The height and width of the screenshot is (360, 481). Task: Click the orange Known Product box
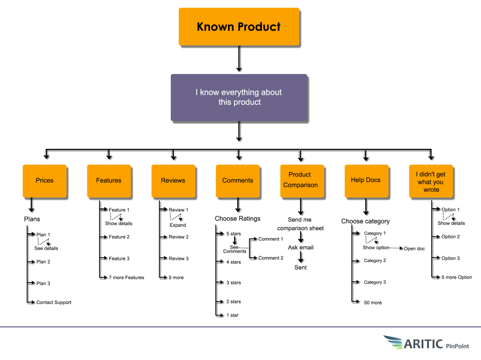point(239,26)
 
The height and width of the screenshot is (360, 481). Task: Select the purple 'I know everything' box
point(239,97)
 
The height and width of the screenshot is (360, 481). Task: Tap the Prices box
point(44,181)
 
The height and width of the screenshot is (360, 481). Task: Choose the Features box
point(109,181)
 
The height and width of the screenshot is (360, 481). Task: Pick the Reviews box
point(173,181)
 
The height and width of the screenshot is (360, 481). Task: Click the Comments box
point(238,181)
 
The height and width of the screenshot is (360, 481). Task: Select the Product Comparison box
point(301,180)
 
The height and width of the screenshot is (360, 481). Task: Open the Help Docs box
point(366,180)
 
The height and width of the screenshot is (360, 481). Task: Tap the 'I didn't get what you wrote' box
point(431,182)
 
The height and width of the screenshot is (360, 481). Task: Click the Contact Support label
point(54,302)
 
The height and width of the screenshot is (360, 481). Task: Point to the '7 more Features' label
point(126,277)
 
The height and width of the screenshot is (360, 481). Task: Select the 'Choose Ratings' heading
point(237,218)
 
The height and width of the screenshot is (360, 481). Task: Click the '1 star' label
point(232,315)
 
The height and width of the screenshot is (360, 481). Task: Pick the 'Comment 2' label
point(271,258)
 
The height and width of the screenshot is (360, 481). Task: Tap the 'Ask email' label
point(301,247)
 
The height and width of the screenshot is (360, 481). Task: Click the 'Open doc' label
point(414,249)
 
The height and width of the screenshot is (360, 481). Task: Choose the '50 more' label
point(373,303)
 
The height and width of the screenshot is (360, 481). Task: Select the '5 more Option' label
point(457,277)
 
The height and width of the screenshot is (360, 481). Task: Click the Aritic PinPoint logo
point(426,343)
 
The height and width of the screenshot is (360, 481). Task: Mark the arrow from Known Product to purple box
point(239,59)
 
